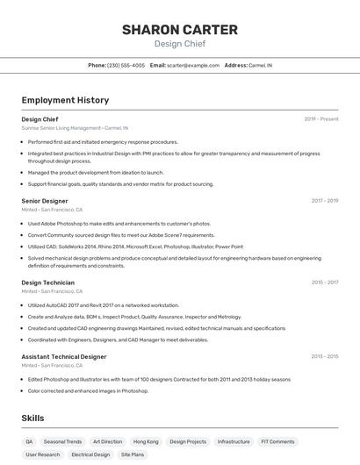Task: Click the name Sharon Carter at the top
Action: pyautogui.click(x=179, y=30)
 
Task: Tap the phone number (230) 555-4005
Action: pyautogui.click(x=126, y=65)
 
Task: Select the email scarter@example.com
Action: pyautogui.click(x=193, y=65)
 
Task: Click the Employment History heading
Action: pyautogui.click(x=65, y=100)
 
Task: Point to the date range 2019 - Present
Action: pyautogui.click(x=320, y=118)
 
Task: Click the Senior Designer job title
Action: pyautogui.click(x=45, y=201)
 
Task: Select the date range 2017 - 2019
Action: pyautogui.click(x=324, y=201)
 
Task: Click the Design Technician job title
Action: pyautogui.click(x=47, y=283)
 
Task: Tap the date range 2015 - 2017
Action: pyautogui.click(x=324, y=283)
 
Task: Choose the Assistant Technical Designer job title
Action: pyautogui.click(x=64, y=356)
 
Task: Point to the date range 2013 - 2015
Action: pyautogui.click(x=324, y=356)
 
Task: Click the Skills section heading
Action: pyautogui.click(x=32, y=418)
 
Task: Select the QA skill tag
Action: pyautogui.click(x=29, y=441)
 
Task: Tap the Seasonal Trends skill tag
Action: pyautogui.click(x=62, y=441)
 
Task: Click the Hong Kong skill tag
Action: pyautogui.click(x=146, y=441)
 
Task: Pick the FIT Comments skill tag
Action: pyautogui.click(x=277, y=441)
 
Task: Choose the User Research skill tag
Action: pyautogui.click(x=43, y=454)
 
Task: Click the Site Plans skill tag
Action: pyautogui.click(x=132, y=454)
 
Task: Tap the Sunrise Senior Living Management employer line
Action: pyautogui.click(x=74, y=127)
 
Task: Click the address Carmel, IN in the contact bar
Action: pyautogui.click(x=260, y=65)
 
